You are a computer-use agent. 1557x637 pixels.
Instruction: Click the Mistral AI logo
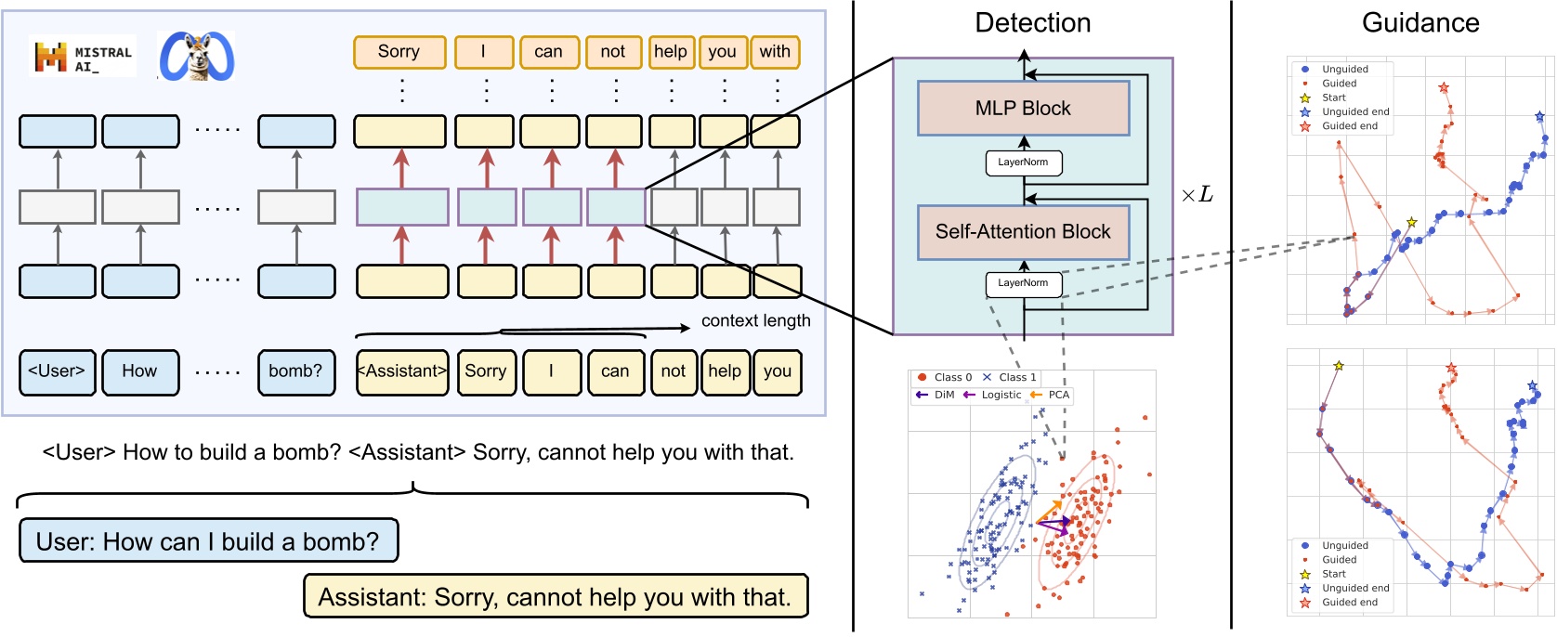click(x=83, y=58)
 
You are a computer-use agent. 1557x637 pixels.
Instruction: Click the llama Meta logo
click(x=196, y=57)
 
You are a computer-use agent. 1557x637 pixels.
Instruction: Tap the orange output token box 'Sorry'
click(x=399, y=52)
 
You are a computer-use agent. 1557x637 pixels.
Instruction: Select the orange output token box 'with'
click(x=775, y=52)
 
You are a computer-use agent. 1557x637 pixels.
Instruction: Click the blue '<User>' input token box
click(x=57, y=371)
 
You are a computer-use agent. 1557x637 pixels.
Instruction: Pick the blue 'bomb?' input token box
click(x=295, y=371)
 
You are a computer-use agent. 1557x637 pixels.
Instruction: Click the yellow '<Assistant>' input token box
click(x=401, y=371)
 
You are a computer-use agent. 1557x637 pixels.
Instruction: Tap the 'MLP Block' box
click(x=1023, y=109)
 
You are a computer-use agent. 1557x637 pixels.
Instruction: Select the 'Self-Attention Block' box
click(x=1023, y=232)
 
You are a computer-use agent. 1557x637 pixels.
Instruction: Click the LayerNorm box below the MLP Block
click(x=1023, y=162)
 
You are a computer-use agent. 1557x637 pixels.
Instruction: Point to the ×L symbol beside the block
click(x=1197, y=195)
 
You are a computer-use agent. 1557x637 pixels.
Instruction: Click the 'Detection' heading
click(x=1032, y=23)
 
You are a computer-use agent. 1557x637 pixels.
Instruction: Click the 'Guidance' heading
click(x=1420, y=23)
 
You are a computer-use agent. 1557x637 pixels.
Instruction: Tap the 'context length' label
click(x=755, y=321)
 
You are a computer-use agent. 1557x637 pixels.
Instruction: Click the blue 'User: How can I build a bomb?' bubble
click(x=208, y=541)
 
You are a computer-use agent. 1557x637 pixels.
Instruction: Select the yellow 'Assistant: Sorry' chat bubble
click(x=555, y=597)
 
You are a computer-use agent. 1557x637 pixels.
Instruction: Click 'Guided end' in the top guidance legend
click(x=1349, y=126)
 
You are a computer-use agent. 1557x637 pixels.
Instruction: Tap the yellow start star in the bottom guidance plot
click(x=1339, y=366)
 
